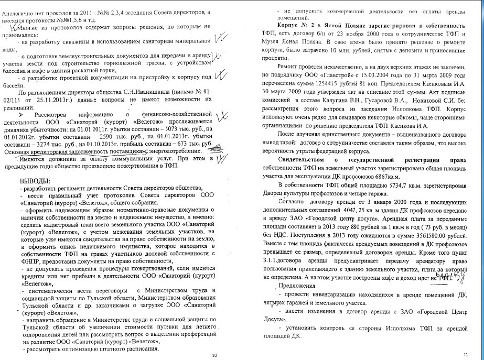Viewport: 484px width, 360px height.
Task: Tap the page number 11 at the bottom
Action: [465, 355]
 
